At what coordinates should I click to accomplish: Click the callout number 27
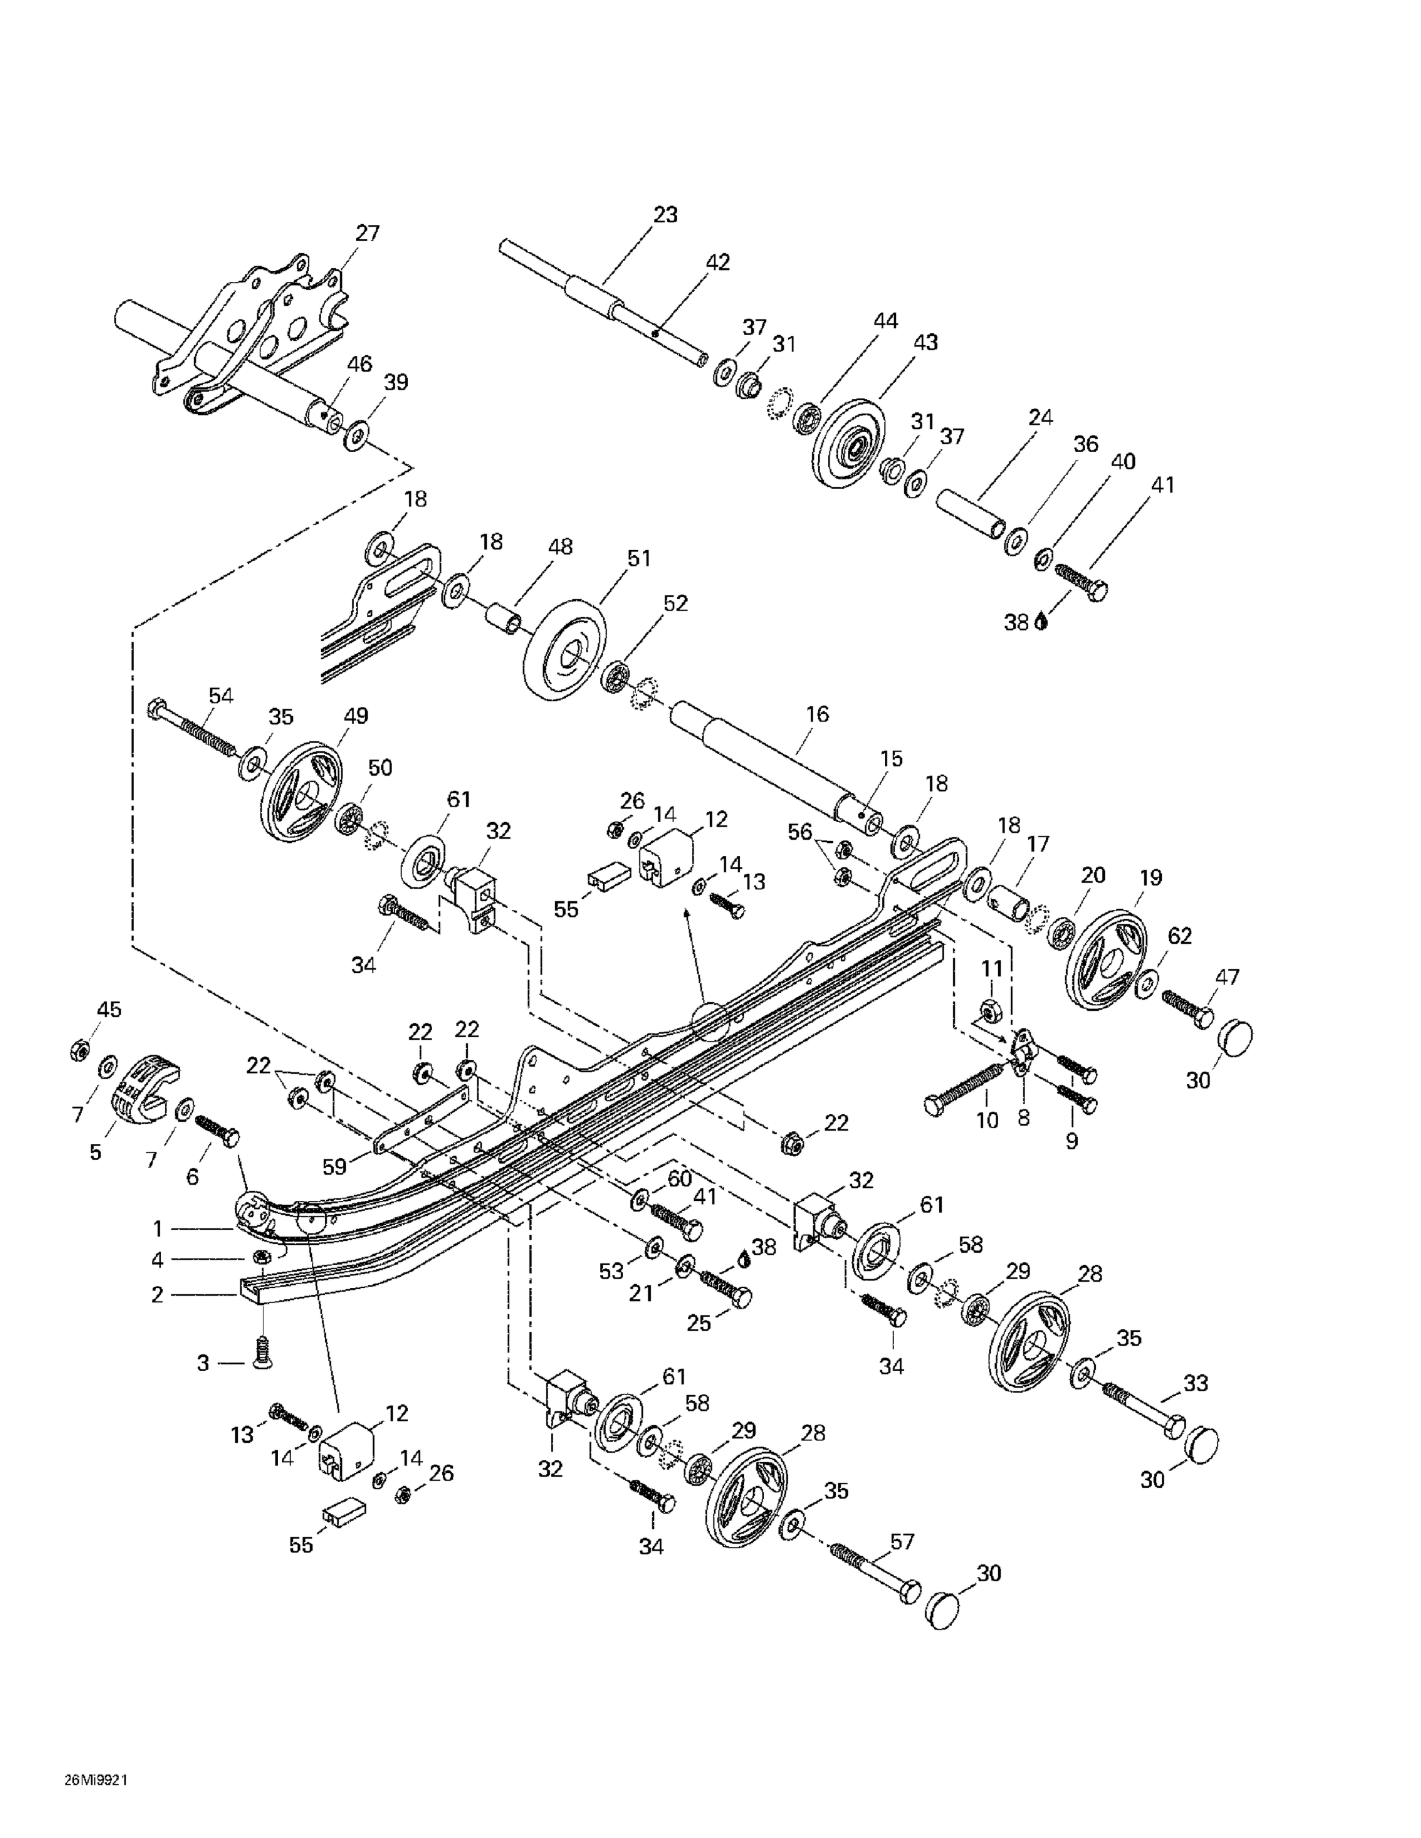[367, 233]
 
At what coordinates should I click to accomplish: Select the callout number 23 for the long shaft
[665, 214]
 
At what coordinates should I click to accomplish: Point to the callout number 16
[817, 714]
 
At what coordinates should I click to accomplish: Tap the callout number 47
[1227, 977]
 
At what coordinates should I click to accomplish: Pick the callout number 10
[987, 1120]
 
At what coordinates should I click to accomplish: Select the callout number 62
[1180, 936]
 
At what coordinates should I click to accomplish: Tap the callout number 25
[699, 1323]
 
